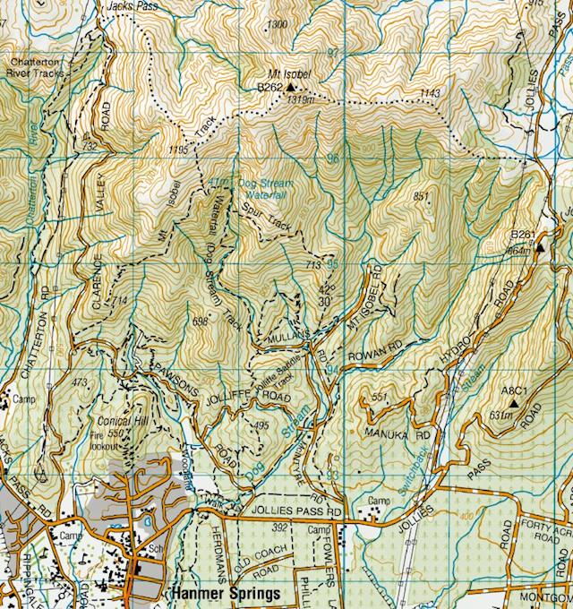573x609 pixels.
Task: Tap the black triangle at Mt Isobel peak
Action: (x=290, y=88)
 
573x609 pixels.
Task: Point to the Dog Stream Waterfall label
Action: (x=263, y=187)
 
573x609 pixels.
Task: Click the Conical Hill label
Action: (x=119, y=421)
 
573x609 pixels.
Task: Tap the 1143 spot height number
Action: (x=430, y=94)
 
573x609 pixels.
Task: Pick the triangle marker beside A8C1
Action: (x=513, y=404)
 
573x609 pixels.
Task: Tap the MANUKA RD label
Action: (x=387, y=433)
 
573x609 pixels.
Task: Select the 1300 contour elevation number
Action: (x=278, y=23)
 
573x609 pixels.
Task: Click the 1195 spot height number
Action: (x=180, y=149)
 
